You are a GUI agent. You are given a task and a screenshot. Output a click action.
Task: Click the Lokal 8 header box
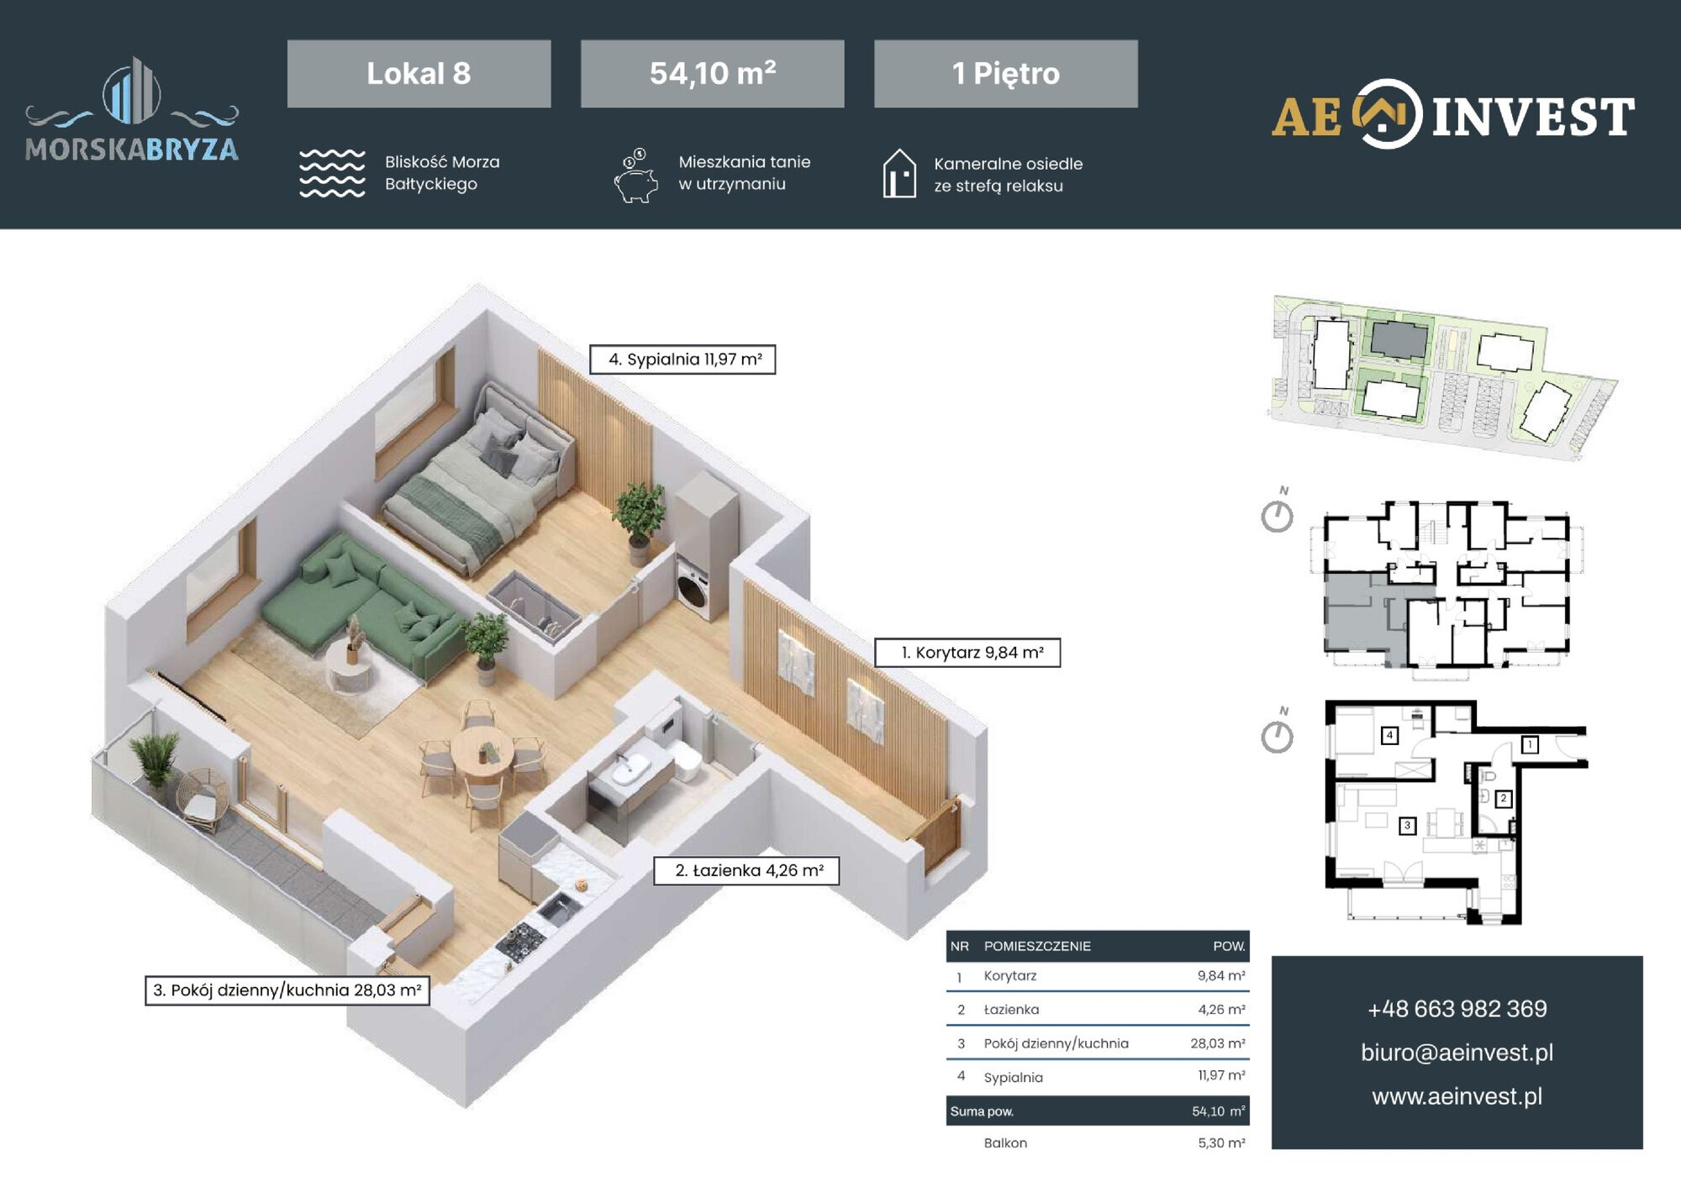[x=419, y=73]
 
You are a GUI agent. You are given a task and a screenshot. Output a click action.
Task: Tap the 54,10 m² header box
[x=712, y=73]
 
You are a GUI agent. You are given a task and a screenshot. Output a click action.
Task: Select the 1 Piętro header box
[x=1005, y=73]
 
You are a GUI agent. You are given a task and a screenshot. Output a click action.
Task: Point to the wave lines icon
[x=332, y=174]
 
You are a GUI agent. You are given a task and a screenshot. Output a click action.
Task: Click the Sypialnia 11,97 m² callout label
[x=682, y=360]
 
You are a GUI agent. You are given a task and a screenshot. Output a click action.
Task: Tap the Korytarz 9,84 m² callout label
[x=967, y=653]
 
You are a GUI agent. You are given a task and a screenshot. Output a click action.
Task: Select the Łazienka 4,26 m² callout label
[x=746, y=870]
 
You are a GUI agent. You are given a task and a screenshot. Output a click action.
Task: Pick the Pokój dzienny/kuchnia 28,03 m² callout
[x=287, y=990]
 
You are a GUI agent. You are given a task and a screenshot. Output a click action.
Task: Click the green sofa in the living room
[x=361, y=601]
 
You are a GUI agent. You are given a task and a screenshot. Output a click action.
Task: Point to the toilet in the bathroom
[x=684, y=759]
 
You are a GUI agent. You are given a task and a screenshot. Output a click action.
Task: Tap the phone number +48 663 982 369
[x=1457, y=1009]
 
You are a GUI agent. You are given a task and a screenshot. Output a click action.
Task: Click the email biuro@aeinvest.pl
[x=1457, y=1053]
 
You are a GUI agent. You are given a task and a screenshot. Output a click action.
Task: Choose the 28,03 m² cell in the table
[x=1217, y=1043]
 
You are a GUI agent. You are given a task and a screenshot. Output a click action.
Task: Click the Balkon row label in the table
[x=1005, y=1143]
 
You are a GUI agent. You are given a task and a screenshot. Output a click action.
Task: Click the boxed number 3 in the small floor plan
[x=1407, y=826]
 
